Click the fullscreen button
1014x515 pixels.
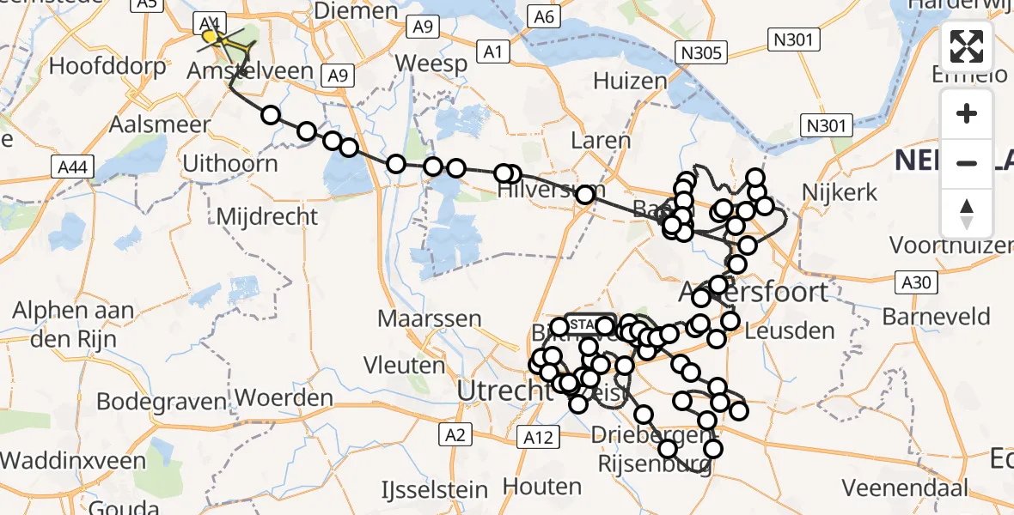(x=967, y=46)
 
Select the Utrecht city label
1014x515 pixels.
(x=503, y=390)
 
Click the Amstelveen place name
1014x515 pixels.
(x=259, y=70)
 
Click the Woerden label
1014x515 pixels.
(x=284, y=398)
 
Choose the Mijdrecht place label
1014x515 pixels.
(x=267, y=216)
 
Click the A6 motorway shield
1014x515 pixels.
(x=544, y=16)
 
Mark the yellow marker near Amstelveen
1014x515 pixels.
(x=210, y=36)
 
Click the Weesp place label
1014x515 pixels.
(x=433, y=63)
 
